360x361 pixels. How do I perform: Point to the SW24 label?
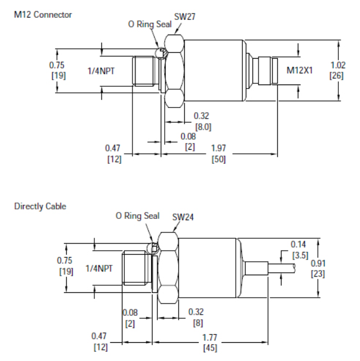click(182, 217)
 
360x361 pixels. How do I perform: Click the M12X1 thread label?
click(300, 70)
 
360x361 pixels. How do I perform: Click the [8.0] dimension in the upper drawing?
click(203, 126)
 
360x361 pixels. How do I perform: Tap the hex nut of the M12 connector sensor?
click(175, 70)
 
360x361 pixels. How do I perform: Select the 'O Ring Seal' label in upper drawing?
click(150, 25)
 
